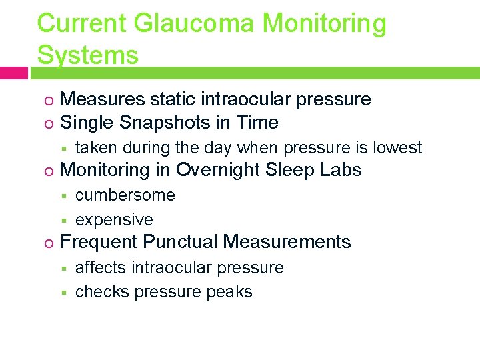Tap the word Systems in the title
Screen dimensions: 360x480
[x=88, y=55]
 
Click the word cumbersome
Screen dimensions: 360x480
[x=125, y=195]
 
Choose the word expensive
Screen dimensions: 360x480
[x=114, y=219]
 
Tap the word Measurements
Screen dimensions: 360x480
[x=287, y=241]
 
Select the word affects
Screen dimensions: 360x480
[x=101, y=267]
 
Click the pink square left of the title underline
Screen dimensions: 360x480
[x=13, y=73]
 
